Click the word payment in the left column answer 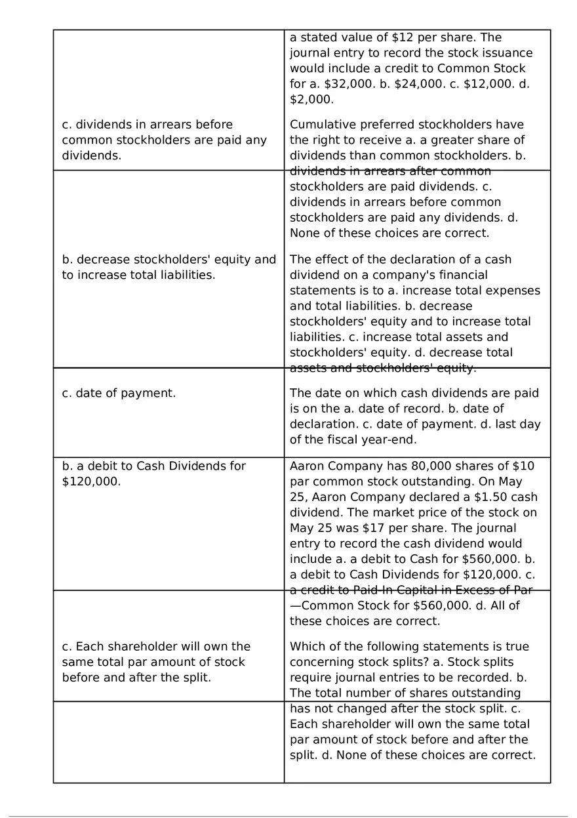pyautogui.click(x=151, y=394)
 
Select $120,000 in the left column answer pyautogui.click(x=91, y=482)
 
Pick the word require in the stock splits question pyautogui.click(x=309, y=678)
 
